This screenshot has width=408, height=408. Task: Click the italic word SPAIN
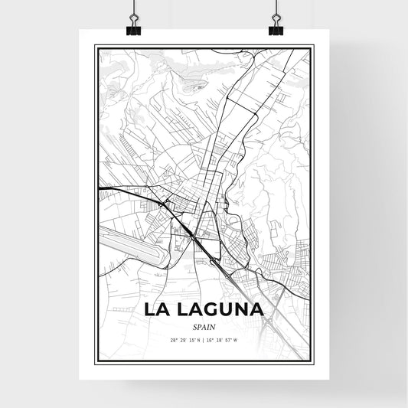(204, 325)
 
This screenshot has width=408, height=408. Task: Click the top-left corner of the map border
(96, 46)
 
